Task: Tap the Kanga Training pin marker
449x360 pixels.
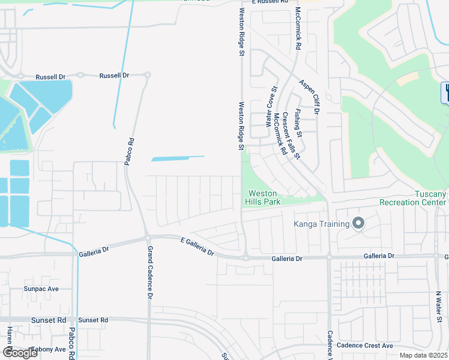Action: [x=358, y=224]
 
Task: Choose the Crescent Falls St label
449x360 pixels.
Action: [x=291, y=135]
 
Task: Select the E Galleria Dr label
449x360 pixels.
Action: [x=197, y=246]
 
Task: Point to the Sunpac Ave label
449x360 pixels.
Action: [x=41, y=289]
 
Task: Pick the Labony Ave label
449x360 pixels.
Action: [x=49, y=349]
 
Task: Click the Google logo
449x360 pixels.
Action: [x=20, y=353]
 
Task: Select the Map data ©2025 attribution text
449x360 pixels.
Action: [x=423, y=355]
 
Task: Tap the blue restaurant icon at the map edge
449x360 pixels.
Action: [x=445, y=92]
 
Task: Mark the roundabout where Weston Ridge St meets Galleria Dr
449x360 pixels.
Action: [x=246, y=257]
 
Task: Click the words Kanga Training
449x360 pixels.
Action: [x=321, y=224]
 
